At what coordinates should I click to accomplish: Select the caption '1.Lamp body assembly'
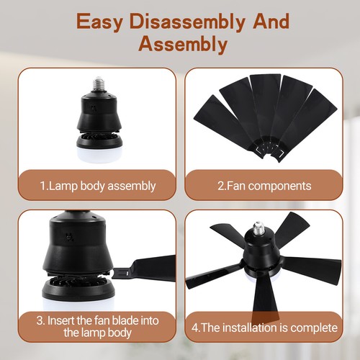[97, 186]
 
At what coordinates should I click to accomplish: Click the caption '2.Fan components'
[264, 186]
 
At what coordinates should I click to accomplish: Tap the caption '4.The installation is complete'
[264, 328]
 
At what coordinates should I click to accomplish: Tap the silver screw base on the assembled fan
[257, 230]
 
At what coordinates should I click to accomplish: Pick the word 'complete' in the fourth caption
[312, 328]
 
